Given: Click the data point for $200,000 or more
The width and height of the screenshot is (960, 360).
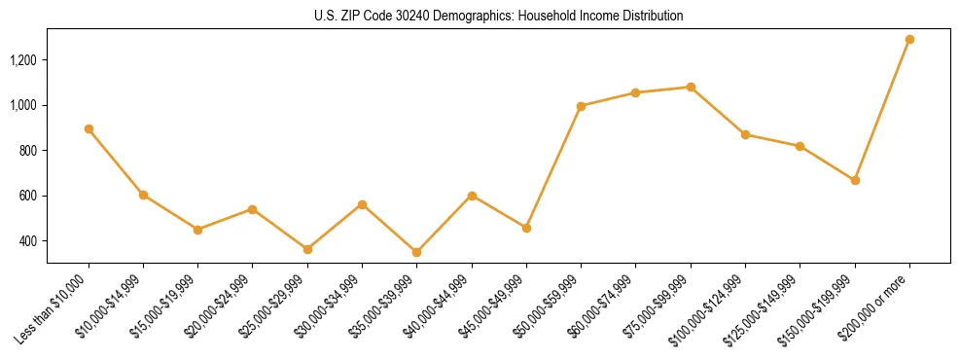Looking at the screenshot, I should (909, 39).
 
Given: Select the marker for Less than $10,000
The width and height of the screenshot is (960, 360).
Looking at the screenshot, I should (89, 128).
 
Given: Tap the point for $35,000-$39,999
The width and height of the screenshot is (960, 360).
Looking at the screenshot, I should (417, 252).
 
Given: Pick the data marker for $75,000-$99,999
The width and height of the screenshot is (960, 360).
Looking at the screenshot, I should (691, 87).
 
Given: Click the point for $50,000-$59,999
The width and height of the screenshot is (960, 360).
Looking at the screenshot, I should (581, 106).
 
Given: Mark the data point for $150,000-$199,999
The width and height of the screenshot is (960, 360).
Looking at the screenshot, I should (855, 180).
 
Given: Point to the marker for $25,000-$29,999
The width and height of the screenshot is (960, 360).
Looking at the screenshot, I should (307, 249).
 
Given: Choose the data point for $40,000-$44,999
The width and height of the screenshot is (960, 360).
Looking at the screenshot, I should (472, 196).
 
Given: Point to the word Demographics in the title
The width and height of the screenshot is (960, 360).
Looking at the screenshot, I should (466, 17).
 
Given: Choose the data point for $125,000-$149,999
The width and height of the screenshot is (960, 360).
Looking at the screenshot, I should (800, 146).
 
